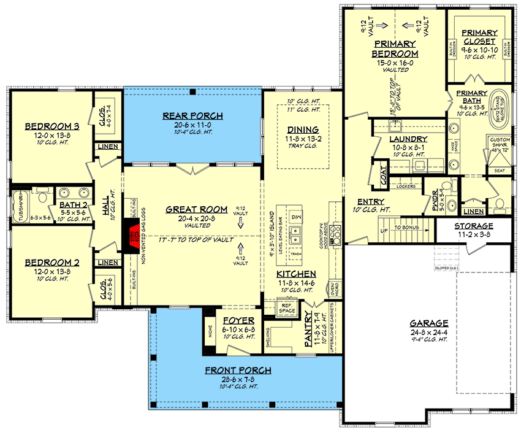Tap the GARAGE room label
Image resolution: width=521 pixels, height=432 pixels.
430,323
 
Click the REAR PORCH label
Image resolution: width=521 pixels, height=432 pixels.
192,115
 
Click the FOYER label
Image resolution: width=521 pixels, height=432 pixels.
234,320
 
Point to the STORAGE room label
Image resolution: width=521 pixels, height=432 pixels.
473,225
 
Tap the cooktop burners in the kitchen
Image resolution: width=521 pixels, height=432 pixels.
335,234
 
